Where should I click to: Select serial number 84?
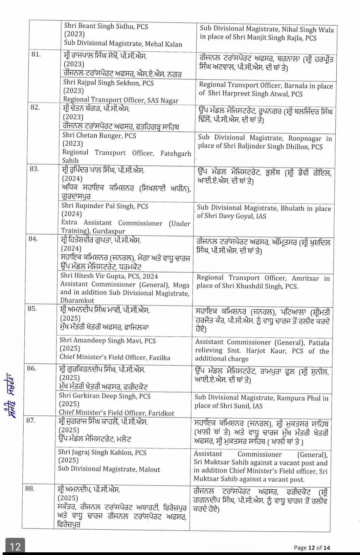tap(33, 239)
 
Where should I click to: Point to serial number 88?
tap(30, 489)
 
